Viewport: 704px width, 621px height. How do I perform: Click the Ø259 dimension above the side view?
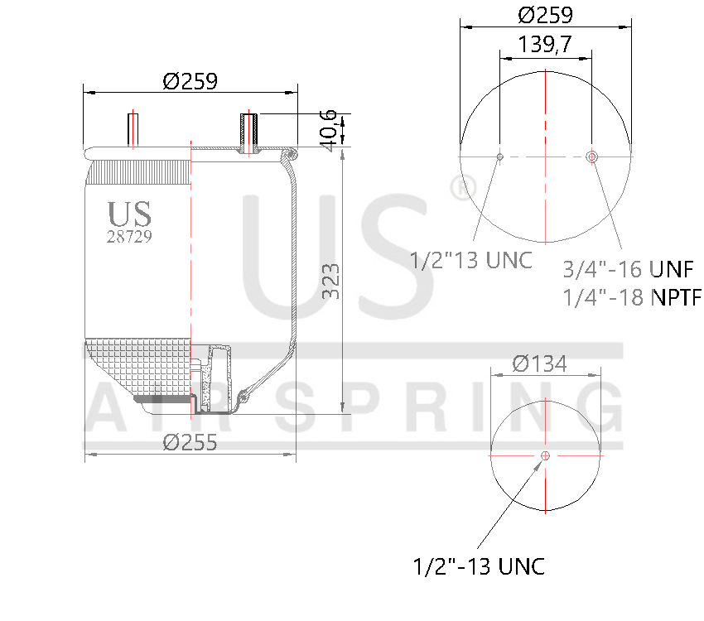tap(190, 81)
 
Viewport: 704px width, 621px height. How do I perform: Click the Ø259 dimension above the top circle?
tap(546, 15)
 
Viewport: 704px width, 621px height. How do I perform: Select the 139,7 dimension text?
tap(545, 45)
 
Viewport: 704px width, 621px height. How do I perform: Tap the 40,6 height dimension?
tap(330, 130)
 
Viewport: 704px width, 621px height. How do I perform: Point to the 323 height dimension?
tap(330, 282)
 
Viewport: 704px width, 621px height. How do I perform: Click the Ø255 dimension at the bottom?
tap(190, 442)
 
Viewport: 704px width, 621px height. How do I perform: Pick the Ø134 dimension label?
tap(539, 363)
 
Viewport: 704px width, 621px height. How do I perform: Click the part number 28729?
tap(129, 236)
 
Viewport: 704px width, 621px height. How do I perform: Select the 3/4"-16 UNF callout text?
tap(627, 269)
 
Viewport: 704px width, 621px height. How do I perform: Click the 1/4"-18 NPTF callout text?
tap(631, 297)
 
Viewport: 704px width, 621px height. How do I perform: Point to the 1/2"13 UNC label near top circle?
tap(471, 260)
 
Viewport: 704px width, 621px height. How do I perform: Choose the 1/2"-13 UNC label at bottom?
tap(479, 567)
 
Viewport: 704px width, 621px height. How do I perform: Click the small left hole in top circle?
tap(499, 156)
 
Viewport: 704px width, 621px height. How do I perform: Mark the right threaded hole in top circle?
tap(592, 156)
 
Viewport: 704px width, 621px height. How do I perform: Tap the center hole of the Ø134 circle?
tap(545, 455)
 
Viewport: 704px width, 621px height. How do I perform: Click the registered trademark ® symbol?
tap(458, 187)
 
